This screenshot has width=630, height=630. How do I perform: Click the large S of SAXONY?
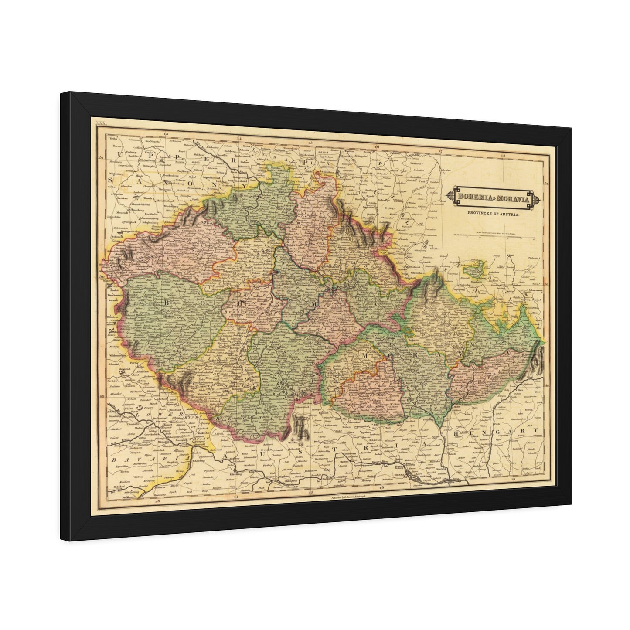(x=111, y=180)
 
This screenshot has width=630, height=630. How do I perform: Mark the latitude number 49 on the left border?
(x=102, y=396)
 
